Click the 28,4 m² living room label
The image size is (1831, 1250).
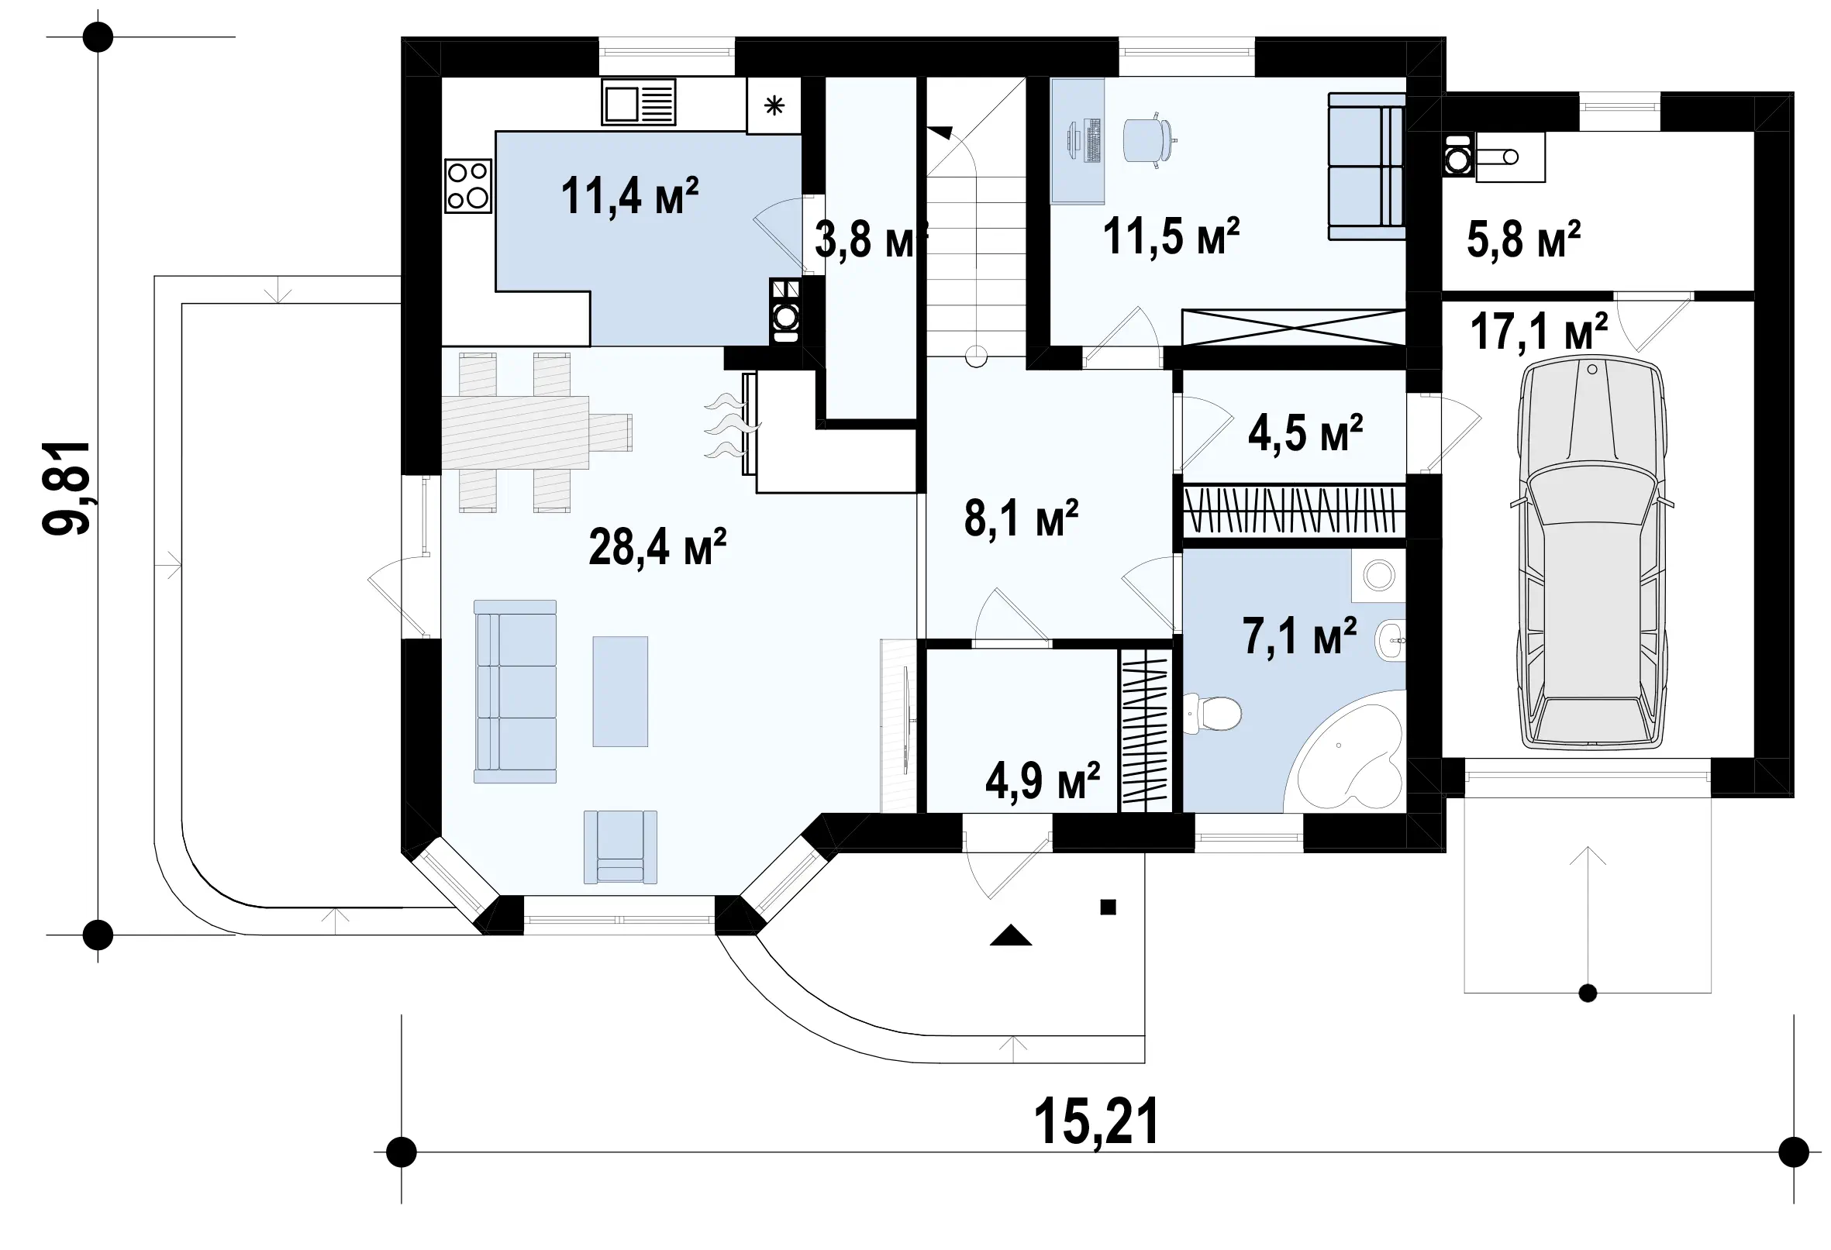coord(657,546)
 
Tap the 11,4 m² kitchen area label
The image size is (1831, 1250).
coord(629,196)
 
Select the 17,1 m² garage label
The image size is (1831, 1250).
coord(1539,332)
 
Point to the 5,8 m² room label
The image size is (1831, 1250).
coord(1523,239)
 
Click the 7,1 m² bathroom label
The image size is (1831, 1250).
coord(1300,636)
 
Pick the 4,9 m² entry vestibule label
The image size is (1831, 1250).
coord(1043,780)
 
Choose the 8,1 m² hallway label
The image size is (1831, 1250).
coord(1021,518)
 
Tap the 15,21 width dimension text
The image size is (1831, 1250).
coord(1096,1121)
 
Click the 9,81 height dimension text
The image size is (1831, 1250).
coord(67,488)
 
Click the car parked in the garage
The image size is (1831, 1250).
coord(1591,551)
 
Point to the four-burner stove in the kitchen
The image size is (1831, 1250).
coord(468,186)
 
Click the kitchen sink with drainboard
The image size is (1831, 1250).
coord(639,102)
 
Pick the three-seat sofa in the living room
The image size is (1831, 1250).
coord(516,691)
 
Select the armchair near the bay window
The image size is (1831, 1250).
coord(621,847)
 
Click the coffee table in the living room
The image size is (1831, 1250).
coord(621,691)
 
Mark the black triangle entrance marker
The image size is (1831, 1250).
coord(1011,935)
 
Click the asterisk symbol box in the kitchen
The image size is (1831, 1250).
coord(774,105)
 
